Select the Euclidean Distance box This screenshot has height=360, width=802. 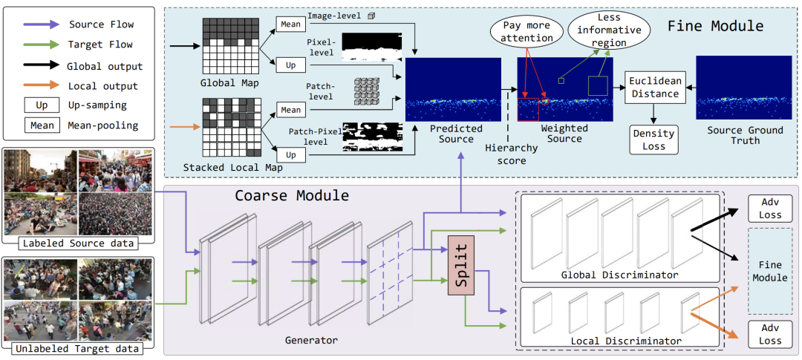(654, 88)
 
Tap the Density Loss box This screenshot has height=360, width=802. (654, 139)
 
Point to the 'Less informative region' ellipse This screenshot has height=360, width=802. (604, 30)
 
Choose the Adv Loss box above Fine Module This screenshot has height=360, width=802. (770, 208)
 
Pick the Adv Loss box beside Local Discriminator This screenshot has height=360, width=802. (770, 334)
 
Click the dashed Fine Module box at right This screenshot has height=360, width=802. (770, 270)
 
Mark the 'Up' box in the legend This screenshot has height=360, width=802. (42, 105)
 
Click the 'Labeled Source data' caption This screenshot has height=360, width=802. (78, 243)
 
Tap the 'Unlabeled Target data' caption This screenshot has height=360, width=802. (78, 350)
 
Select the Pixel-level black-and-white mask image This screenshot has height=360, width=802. (372, 48)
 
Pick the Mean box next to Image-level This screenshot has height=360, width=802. (290, 24)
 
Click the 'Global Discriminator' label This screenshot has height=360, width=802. (620, 275)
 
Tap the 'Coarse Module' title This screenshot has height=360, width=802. (292, 195)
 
